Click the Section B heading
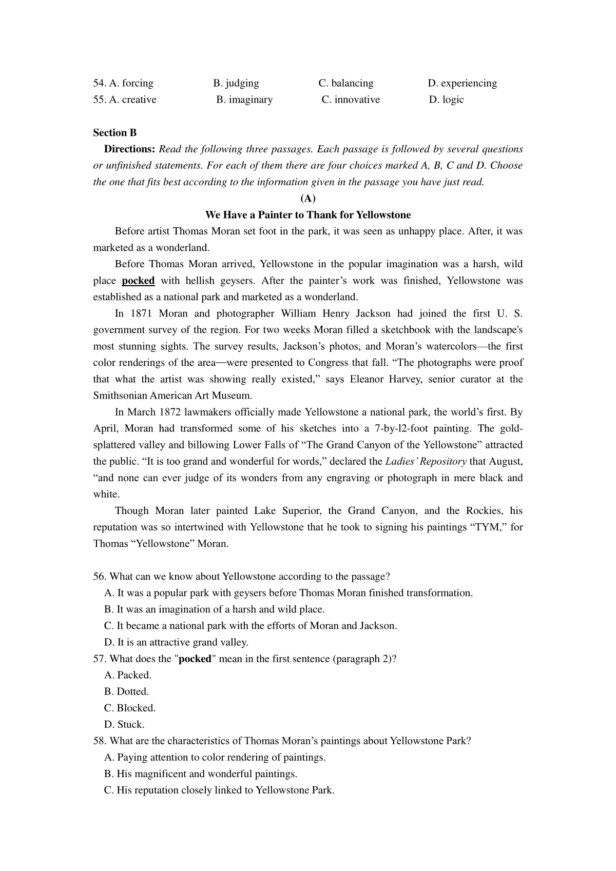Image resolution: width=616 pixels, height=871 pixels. click(x=115, y=133)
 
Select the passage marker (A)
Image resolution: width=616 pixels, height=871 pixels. click(x=308, y=199)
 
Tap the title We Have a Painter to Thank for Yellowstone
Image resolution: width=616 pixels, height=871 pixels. click(x=308, y=215)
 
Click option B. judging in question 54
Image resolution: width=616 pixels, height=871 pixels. click(x=236, y=83)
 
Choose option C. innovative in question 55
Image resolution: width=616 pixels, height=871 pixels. click(x=351, y=100)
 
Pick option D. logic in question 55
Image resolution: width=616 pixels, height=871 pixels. click(x=446, y=100)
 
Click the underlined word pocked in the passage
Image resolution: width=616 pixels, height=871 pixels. click(x=138, y=281)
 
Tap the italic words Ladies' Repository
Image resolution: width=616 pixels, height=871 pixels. click(x=426, y=461)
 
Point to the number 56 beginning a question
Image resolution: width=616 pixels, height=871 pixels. click(x=99, y=577)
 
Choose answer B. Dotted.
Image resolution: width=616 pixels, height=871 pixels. click(x=126, y=691)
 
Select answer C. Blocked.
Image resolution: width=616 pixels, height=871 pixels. click(x=130, y=708)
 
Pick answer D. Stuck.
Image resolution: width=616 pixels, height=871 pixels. click(x=124, y=724)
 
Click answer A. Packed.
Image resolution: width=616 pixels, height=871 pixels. click(x=128, y=675)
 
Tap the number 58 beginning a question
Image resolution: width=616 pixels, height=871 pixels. click(x=99, y=741)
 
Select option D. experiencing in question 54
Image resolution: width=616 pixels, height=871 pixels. click(x=462, y=83)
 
